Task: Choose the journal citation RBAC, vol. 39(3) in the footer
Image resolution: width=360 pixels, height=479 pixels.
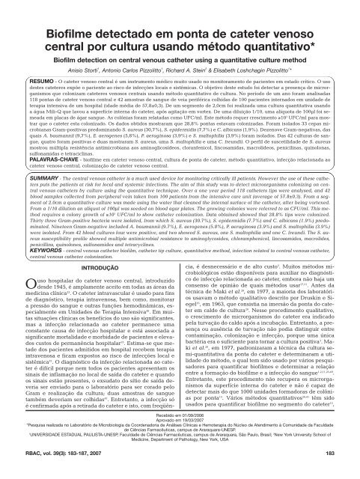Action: pyautogui.click(x=42, y=470)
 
